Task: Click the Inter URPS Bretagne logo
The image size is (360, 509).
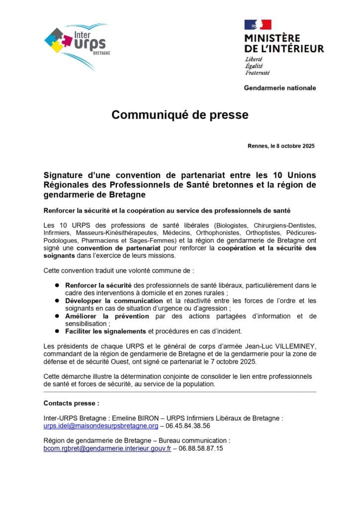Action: pos(78,45)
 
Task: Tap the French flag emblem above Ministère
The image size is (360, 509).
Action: pos(258,24)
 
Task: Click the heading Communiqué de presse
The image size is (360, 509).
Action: pos(180,115)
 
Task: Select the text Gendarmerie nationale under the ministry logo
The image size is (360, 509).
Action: pos(279,88)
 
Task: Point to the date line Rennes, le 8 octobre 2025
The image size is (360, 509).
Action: pos(281,146)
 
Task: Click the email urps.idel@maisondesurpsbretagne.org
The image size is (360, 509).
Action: pos(101,426)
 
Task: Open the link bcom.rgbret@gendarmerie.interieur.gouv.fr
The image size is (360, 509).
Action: pos(107,448)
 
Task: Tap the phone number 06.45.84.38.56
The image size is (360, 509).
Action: pos(188,426)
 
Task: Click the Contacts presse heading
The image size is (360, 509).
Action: pos(71,403)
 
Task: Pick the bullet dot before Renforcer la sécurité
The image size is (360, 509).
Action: pos(57,285)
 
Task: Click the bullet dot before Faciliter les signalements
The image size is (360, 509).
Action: pos(57,331)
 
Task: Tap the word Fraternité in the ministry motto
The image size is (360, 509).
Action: pos(257,73)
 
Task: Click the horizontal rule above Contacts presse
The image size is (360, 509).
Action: pos(180,392)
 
